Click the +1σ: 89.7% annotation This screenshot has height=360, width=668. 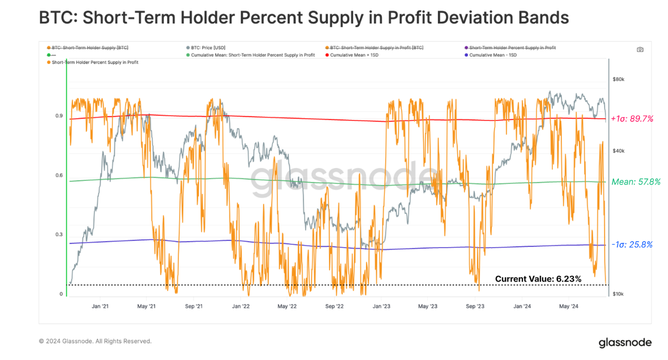[x=632, y=119]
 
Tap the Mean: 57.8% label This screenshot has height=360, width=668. [x=636, y=182]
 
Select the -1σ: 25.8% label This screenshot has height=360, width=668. [x=632, y=245]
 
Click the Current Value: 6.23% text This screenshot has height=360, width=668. [x=538, y=278]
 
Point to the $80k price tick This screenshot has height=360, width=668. [x=618, y=79]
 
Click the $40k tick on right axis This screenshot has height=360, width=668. [x=618, y=151]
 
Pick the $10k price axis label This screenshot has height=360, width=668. [x=618, y=294]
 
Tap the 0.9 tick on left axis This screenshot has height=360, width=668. [x=59, y=116]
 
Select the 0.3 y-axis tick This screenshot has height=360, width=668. [x=59, y=235]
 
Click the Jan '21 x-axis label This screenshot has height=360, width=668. [x=100, y=307]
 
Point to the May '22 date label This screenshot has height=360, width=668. [x=287, y=307]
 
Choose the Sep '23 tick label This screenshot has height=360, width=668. [x=475, y=307]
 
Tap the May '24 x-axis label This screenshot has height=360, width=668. [x=568, y=307]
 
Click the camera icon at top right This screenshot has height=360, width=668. [x=640, y=50]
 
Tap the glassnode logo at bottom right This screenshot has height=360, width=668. [x=625, y=342]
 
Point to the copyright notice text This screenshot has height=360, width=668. [x=95, y=341]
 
